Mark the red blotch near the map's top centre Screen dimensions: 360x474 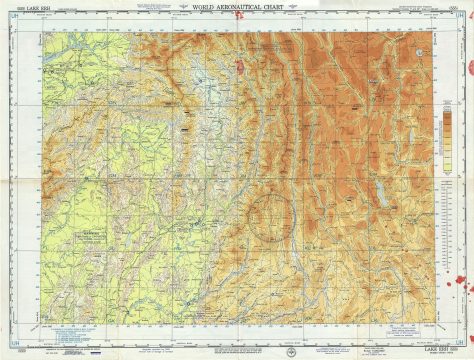[240, 68]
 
